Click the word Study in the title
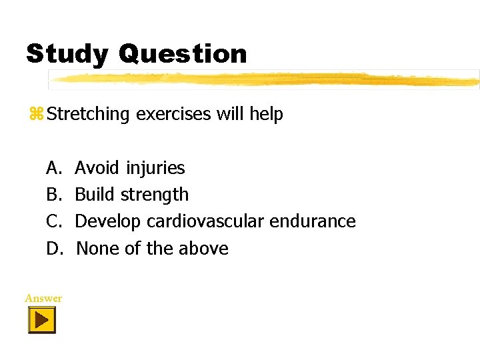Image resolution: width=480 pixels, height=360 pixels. pyautogui.click(x=67, y=54)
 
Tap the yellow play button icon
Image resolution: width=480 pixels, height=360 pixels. pyautogui.click(x=41, y=321)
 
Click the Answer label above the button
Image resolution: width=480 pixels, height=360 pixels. pyautogui.click(x=43, y=298)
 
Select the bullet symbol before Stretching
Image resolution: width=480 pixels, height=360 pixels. pyautogui.click(x=36, y=114)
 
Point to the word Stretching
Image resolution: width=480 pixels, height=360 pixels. pyautogui.click(x=89, y=115)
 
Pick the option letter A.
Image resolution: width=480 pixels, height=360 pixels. pyautogui.click(x=53, y=167)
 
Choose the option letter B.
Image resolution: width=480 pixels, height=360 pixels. pyautogui.click(x=53, y=195)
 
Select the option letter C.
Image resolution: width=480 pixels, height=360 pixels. pyautogui.click(x=53, y=221)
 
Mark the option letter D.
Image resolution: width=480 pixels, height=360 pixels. pyautogui.click(x=53, y=249)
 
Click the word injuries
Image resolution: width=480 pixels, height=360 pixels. pyautogui.click(x=156, y=168)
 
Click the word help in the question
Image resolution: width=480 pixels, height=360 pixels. pyautogui.click(x=267, y=115)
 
